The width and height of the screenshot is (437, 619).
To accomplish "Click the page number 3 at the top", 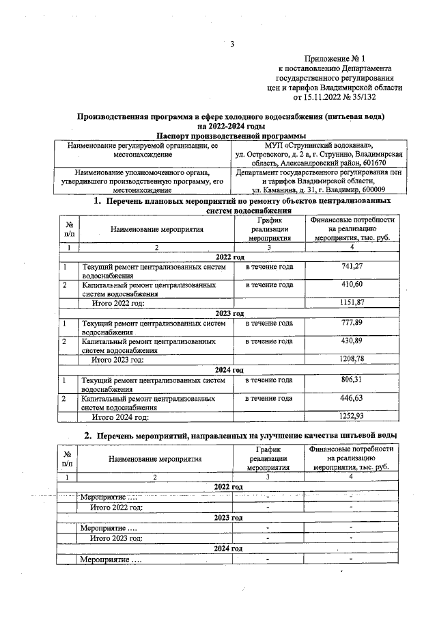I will [232, 45].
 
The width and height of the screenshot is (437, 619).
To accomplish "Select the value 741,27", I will [352, 266].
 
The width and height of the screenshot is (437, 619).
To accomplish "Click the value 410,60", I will [352, 285].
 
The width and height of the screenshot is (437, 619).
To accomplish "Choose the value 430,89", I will [352, 341].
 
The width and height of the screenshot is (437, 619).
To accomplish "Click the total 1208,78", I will [352, 359].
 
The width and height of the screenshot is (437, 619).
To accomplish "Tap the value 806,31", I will [352, 380].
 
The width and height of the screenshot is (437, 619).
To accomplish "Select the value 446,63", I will [352, 398].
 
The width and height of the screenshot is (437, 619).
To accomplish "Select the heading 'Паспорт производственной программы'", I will [231, 135].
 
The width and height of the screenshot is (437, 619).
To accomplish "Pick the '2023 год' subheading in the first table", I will [229, 313].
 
